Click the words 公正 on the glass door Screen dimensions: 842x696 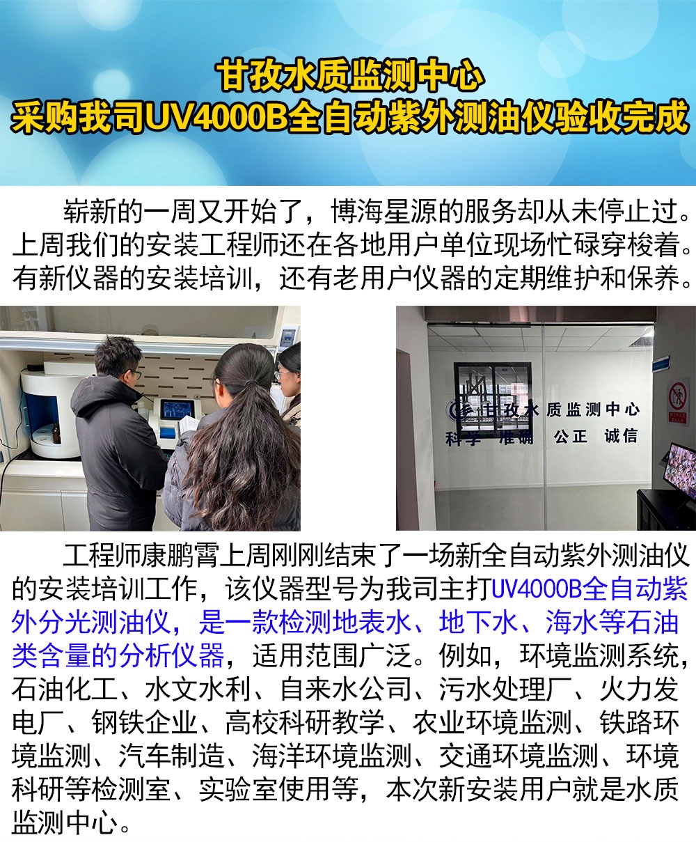click(571, 437)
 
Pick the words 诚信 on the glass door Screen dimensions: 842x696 click(620, 436)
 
